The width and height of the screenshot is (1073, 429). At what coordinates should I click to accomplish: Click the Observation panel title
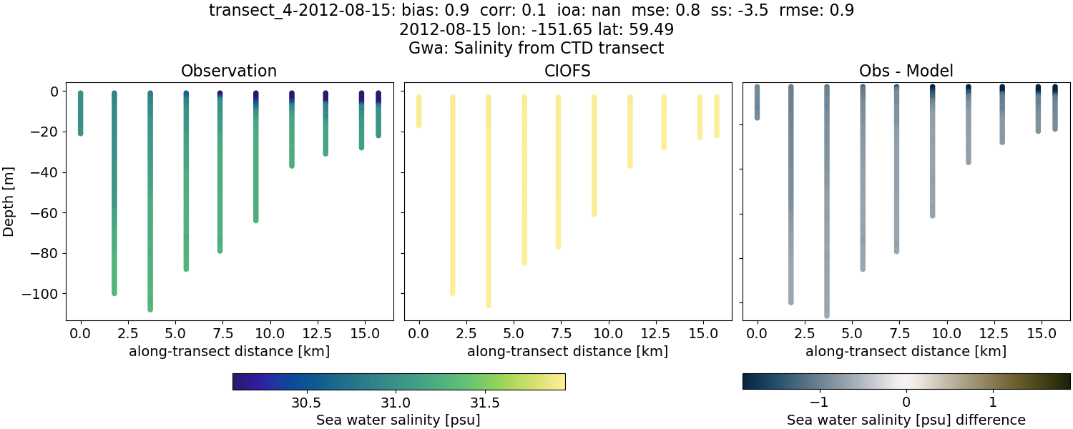[229, 71]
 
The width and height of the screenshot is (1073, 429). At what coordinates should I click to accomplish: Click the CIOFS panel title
[568, 71]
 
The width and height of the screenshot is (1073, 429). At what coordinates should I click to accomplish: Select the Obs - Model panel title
[906, 71]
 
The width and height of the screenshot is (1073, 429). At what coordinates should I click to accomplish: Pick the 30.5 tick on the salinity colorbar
[306, 401]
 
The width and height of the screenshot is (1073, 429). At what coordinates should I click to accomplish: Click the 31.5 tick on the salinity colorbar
[485, 401]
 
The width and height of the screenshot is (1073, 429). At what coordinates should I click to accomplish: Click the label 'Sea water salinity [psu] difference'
[906, 420]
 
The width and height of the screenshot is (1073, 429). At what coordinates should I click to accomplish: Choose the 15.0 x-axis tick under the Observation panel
[362, 332]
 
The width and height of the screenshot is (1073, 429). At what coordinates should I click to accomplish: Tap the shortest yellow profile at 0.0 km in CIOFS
[419, 111]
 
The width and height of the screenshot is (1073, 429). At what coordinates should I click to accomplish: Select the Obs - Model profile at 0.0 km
[758, 104]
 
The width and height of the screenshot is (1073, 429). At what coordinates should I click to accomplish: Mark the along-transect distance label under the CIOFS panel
[568, 351]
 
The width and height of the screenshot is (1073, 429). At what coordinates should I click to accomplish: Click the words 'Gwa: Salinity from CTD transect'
[536, 49]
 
